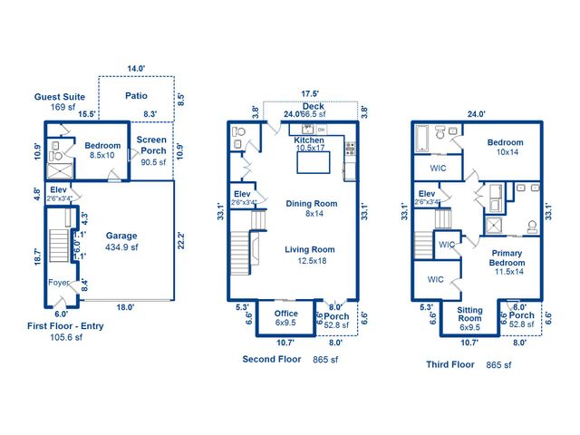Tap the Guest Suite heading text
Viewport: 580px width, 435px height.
(x=61, y=96)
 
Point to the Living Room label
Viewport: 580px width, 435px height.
(x=311, y=249)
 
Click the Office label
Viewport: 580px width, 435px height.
(x=285, y=314)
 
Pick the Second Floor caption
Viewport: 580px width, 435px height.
(x=272, y=359)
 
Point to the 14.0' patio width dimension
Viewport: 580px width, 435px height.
(x=136, y=69)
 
